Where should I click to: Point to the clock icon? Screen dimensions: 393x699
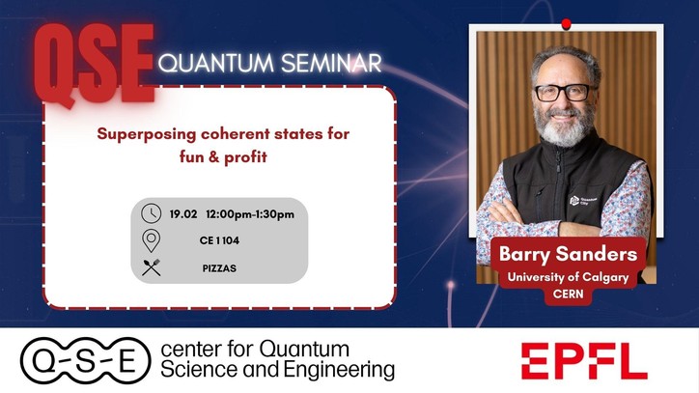click(152, 213)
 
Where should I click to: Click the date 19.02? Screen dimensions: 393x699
click(182, 213)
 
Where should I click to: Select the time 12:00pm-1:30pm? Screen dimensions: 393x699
click(250, 213)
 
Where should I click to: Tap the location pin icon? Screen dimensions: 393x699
click(152, 239)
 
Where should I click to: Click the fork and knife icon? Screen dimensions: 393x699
click(152, 267)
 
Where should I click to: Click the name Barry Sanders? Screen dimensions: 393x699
click(567, 255)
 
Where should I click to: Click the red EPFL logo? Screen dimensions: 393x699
click(584, 360)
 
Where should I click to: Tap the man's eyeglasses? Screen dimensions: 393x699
click(564, 93)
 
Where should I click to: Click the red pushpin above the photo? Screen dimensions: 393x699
click(567, 23)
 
